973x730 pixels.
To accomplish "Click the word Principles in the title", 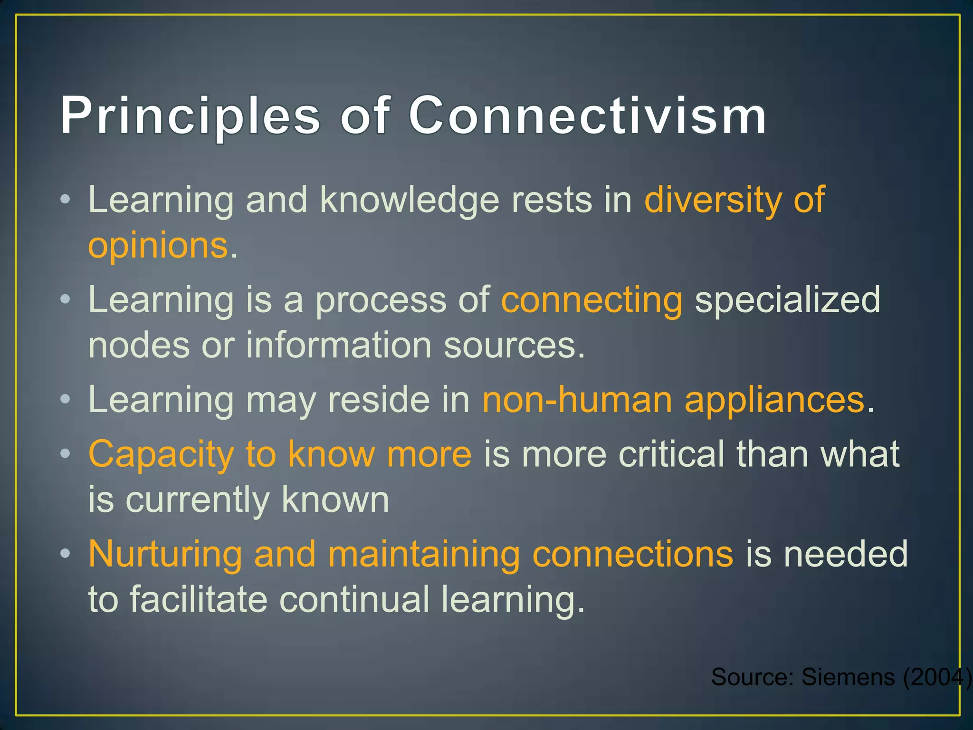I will pos(190,116).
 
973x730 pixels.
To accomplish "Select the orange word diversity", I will pos(713,200).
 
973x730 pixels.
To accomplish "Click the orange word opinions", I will pos(158,246).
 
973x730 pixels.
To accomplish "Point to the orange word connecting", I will pos(591,301).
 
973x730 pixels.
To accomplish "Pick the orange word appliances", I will pos(774,401).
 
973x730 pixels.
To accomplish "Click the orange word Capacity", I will pos(161,455).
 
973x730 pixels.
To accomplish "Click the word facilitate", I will pos(198,599).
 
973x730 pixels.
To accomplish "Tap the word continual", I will pos(354,599).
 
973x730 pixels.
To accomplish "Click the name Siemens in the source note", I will pos(848,677).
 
